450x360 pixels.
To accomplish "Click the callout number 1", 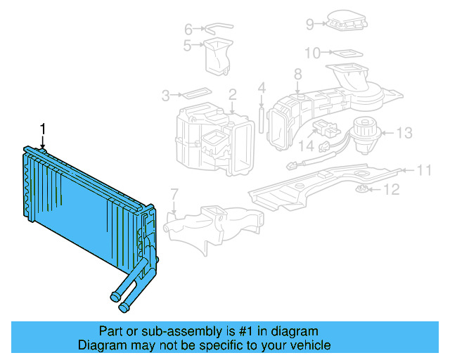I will (x=43, y=128).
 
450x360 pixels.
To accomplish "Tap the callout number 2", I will (x=232, y=94).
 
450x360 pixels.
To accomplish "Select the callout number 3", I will (x=166, y=95).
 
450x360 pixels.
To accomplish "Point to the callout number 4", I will (x=261, y=88).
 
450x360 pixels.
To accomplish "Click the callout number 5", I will (x=187, y=46).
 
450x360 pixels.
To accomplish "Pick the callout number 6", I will (x=188, y=30).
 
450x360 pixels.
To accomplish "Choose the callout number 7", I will (x=174, y=194).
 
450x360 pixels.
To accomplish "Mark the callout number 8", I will (x=297, y=73).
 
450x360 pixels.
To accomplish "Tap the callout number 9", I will (x=309, y=24).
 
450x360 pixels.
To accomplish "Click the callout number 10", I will (x=312, y=52).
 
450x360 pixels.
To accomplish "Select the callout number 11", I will (x=424, y=169).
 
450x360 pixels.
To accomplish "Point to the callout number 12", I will (x=392, y=189).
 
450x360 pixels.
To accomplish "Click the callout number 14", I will (x=305, y=146).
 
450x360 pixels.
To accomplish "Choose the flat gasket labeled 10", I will (x=345, y=52).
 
